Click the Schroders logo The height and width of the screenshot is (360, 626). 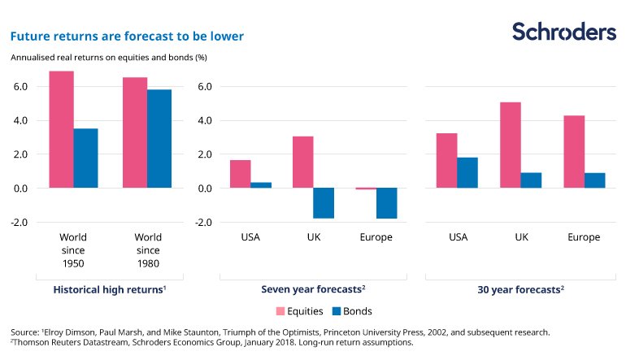click(563, 32)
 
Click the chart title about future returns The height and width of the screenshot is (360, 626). click(126, 37)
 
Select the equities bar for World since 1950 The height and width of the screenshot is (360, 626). click(61, 129)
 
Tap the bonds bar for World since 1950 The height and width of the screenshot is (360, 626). click(85, 158)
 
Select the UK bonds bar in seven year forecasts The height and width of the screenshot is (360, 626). click(324, 203)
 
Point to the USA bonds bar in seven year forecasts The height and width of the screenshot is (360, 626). click(261, 185)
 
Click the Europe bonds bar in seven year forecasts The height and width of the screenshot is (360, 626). click(386, 203)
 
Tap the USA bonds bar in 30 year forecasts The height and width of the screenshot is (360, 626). click(467, 172)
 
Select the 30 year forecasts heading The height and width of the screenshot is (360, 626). click(520, 288)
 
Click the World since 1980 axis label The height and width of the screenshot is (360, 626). click(148, 250)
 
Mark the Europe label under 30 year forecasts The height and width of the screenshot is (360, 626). click(584, 237)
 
